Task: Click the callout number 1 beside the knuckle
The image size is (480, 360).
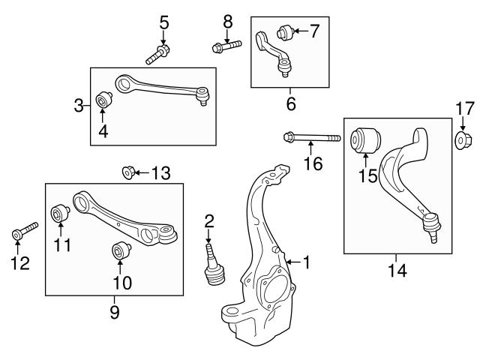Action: [305, 262]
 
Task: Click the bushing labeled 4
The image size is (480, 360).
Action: [104, 100]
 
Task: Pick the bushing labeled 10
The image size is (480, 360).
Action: [121, 253]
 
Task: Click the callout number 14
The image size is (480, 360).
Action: [397, 270]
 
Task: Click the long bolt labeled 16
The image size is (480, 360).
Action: [311, 138]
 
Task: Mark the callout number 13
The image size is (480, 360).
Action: [160, 174]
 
